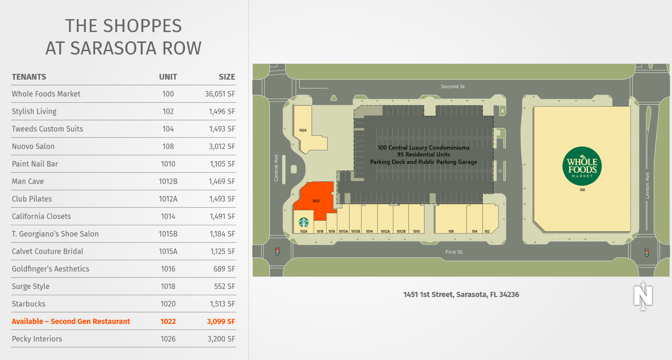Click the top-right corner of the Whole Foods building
click(631, 106)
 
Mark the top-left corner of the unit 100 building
click(534, 107)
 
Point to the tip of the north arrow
click(643, 282)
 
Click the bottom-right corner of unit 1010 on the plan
click(424, 233)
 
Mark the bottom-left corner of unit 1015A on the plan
click(337, 233)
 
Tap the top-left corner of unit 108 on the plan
click(435, 204)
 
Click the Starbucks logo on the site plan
click(304, 222)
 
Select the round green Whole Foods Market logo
click(582, 166)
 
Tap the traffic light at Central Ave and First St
click(277, 251)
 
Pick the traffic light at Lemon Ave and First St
click(647, 252)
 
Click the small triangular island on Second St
click(334, 98)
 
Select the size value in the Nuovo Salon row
click(222, 146)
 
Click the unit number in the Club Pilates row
click(168, 199)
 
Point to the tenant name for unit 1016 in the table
click(51, 269)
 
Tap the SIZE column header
click(227, 77)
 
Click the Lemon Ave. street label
click(647, 185)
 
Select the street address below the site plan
click(461, 295)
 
